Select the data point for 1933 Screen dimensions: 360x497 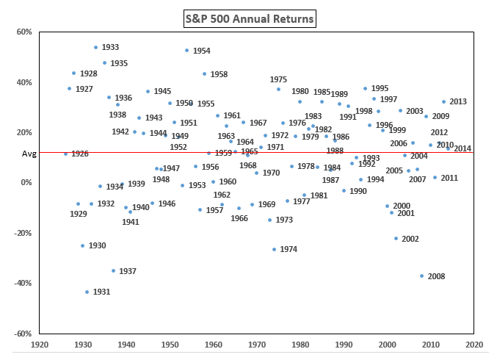click(95, 48)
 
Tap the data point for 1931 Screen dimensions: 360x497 click(87, 292)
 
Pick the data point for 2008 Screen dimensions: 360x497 click(421, 276)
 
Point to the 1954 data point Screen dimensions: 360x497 click(186, 50)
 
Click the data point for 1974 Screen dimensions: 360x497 click(274, 249)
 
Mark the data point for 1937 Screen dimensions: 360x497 click(113, 270)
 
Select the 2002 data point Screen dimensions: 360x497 click(396, 238)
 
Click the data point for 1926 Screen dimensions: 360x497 click(65, 154)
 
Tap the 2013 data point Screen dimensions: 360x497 click(443, 101)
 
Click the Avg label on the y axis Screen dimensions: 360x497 click(29, 154)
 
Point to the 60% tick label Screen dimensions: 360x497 click(24, 32)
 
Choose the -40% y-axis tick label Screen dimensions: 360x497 click(23, 283)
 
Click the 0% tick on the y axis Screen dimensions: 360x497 click(26, 183)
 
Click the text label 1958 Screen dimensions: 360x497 click(219, 74)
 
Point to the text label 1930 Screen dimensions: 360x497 click(98, 245)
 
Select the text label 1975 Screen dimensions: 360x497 click(278, 79)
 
